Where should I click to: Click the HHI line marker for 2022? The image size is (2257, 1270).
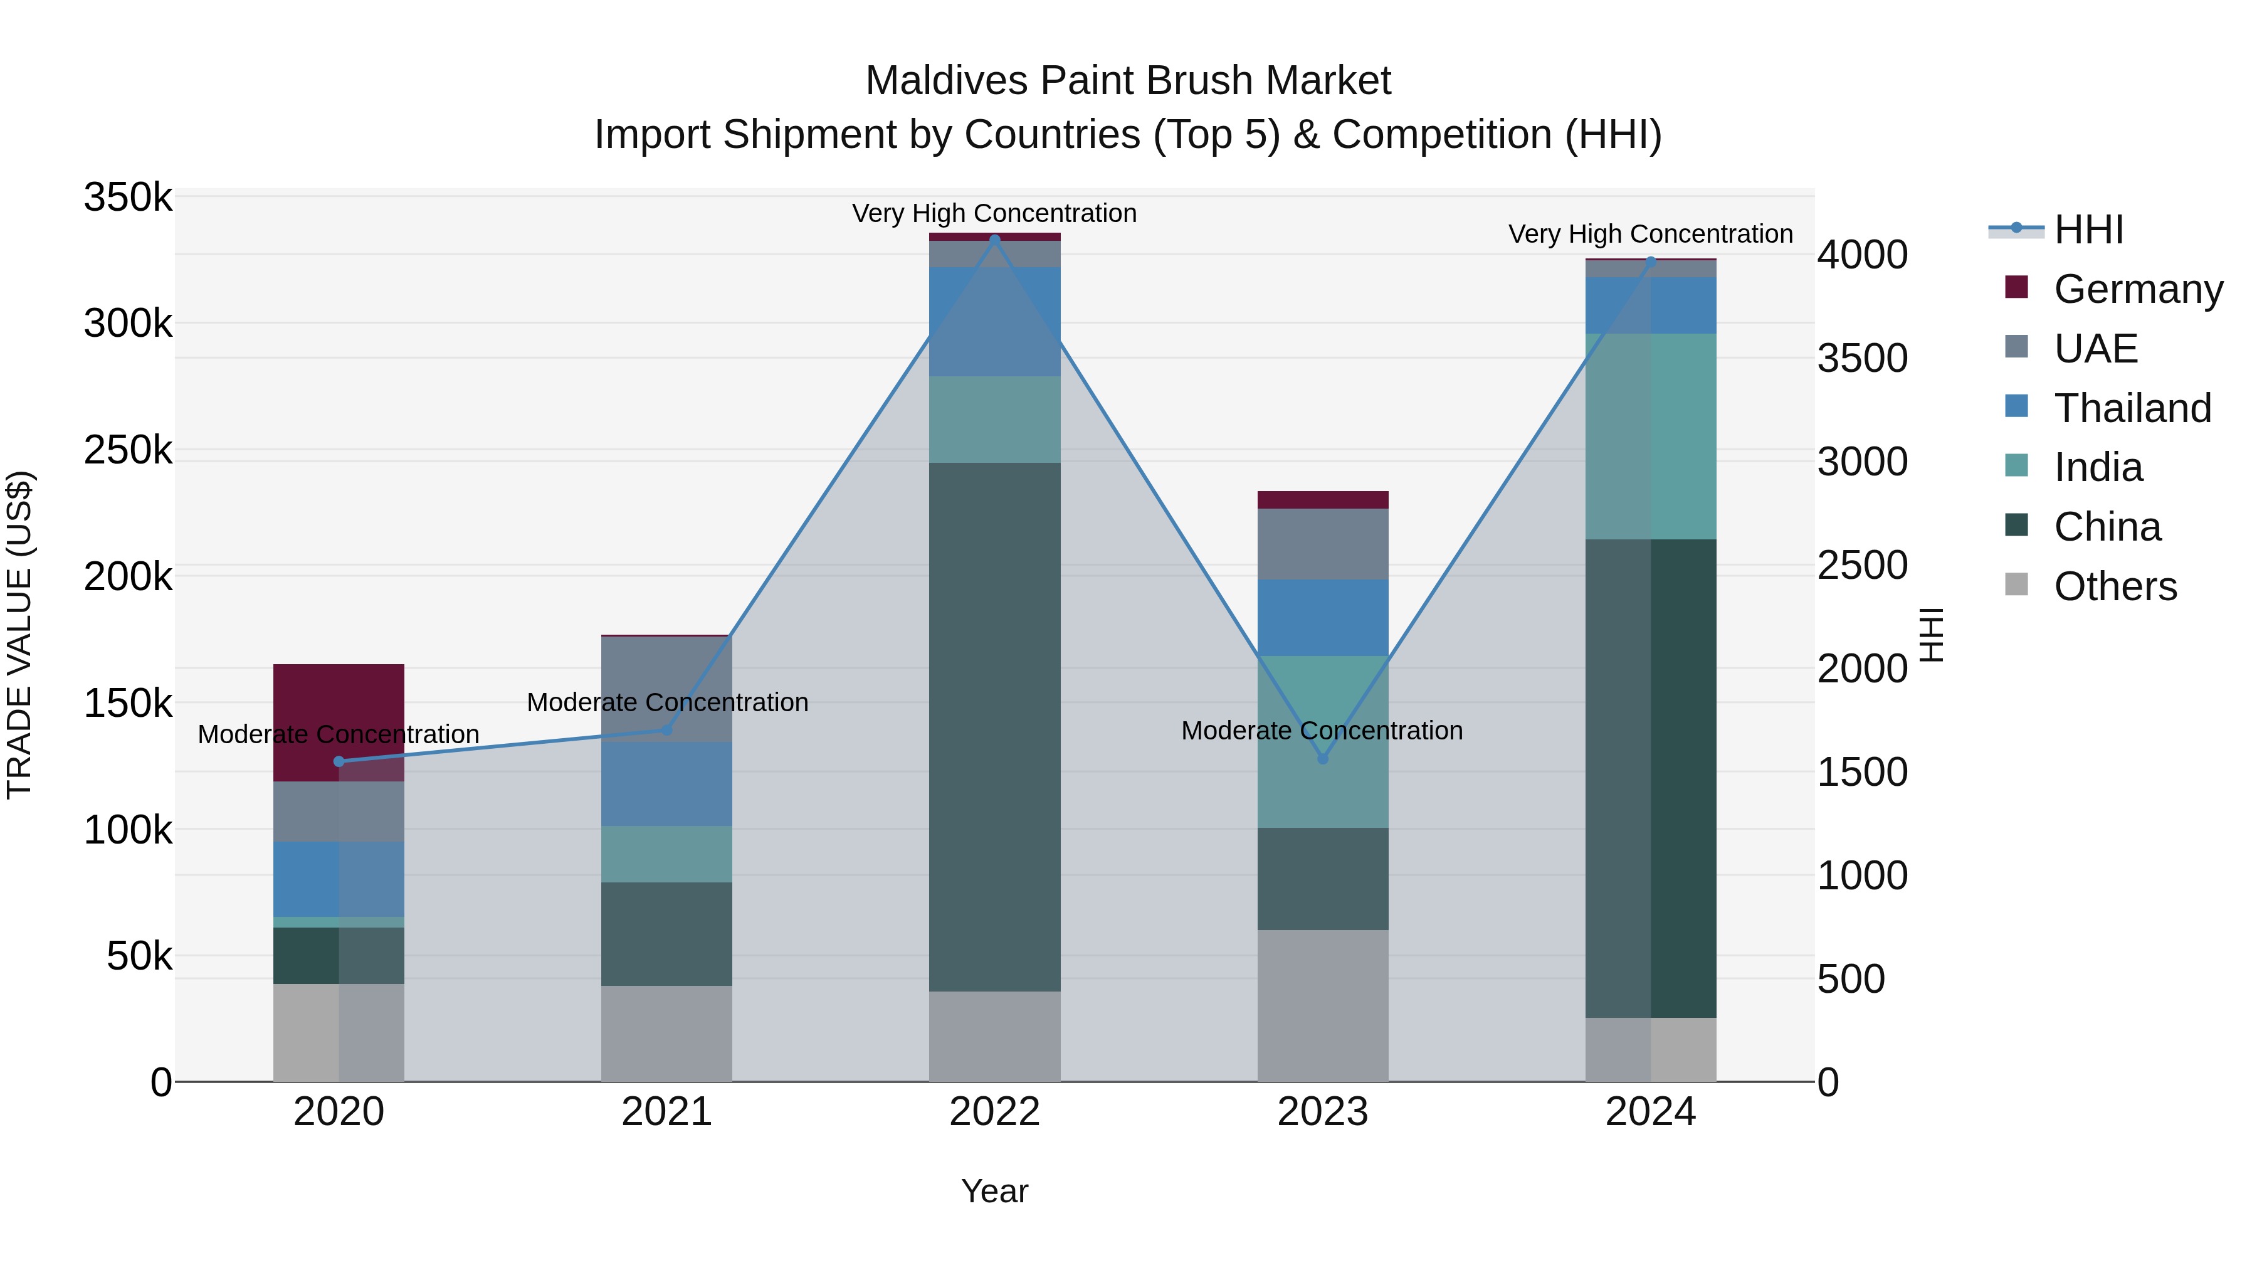(x=994, y=240)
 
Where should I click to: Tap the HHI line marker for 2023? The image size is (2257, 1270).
(x=1323, y=759)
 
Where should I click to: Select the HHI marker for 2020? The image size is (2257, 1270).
(x=339, y=761)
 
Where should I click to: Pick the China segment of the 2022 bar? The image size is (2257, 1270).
(x=994, y=728)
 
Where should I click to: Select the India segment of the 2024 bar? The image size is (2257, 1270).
(x=1651, y=436)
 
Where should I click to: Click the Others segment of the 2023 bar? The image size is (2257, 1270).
(x=1323, y=1005)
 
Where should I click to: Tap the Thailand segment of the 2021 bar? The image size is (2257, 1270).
(x=667, y=785)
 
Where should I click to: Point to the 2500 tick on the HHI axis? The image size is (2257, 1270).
(x=1862, y=565)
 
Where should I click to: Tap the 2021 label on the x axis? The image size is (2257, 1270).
(x=667, y=1112)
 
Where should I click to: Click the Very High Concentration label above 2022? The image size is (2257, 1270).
(x=994, y=213)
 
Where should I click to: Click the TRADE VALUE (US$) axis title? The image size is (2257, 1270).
(x=19, y=635)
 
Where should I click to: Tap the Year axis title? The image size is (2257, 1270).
(x=994, y=1191)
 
